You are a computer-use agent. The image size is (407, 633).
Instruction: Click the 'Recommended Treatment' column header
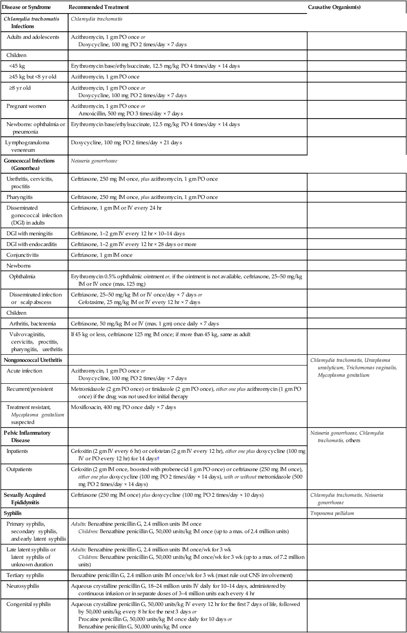pyautogui.click(x=99, y=7)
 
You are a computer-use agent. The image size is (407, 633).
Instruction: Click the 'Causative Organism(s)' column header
pyautogui.click(x=334, y=7)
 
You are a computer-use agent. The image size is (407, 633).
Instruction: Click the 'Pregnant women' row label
pyautogui.click(x=26, y=106)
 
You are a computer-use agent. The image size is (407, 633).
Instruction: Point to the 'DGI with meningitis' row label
pyautogui.click(x=31, y=233)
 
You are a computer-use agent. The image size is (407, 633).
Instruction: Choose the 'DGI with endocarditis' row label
pyautogui.click(x=32, y=244)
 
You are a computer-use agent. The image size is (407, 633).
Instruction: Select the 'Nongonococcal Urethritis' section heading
pyautogui.click(x=33, y=360)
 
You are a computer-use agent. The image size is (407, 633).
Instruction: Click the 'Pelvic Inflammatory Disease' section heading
pyautogui.click(x=27, y=436)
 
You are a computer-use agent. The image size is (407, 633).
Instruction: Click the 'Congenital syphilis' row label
pyautogui.click(x=28, y=604)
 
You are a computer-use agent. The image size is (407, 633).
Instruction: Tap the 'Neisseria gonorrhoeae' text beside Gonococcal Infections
pyautogui.click(x=94, y=160)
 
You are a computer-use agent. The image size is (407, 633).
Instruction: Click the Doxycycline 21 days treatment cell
pyautogui.click(x=126, y=142)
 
